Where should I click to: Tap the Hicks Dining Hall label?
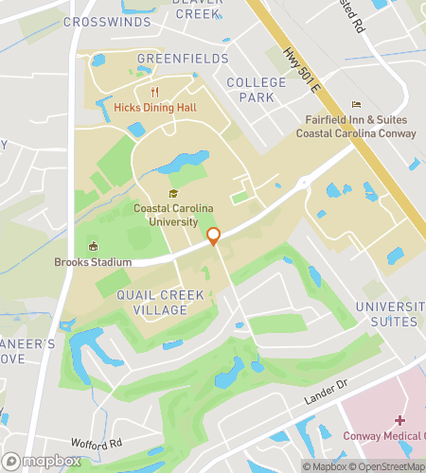pos(154,108)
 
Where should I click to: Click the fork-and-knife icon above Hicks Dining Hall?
pos(154,92)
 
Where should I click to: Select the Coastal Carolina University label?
pos(172,215)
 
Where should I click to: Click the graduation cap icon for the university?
pos(172,194)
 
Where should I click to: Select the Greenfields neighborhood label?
pos(183,59)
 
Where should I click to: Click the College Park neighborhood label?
pos(257,90)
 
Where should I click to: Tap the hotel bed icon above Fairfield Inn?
pos(356,104)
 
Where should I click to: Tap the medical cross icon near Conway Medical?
pos(400,419)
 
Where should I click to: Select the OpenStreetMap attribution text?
pos(387,465)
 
